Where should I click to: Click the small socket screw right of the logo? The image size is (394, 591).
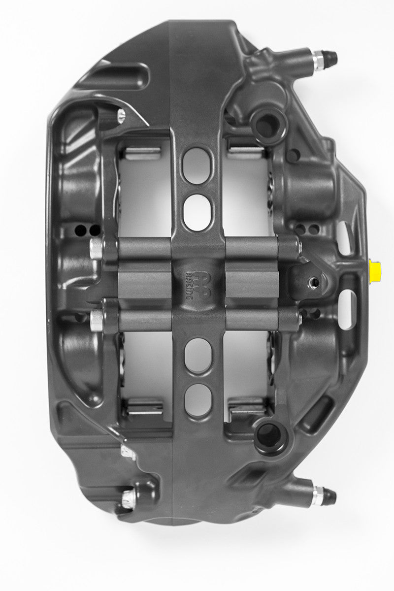pos(311,282)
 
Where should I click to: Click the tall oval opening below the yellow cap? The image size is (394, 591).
pos(346,309)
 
